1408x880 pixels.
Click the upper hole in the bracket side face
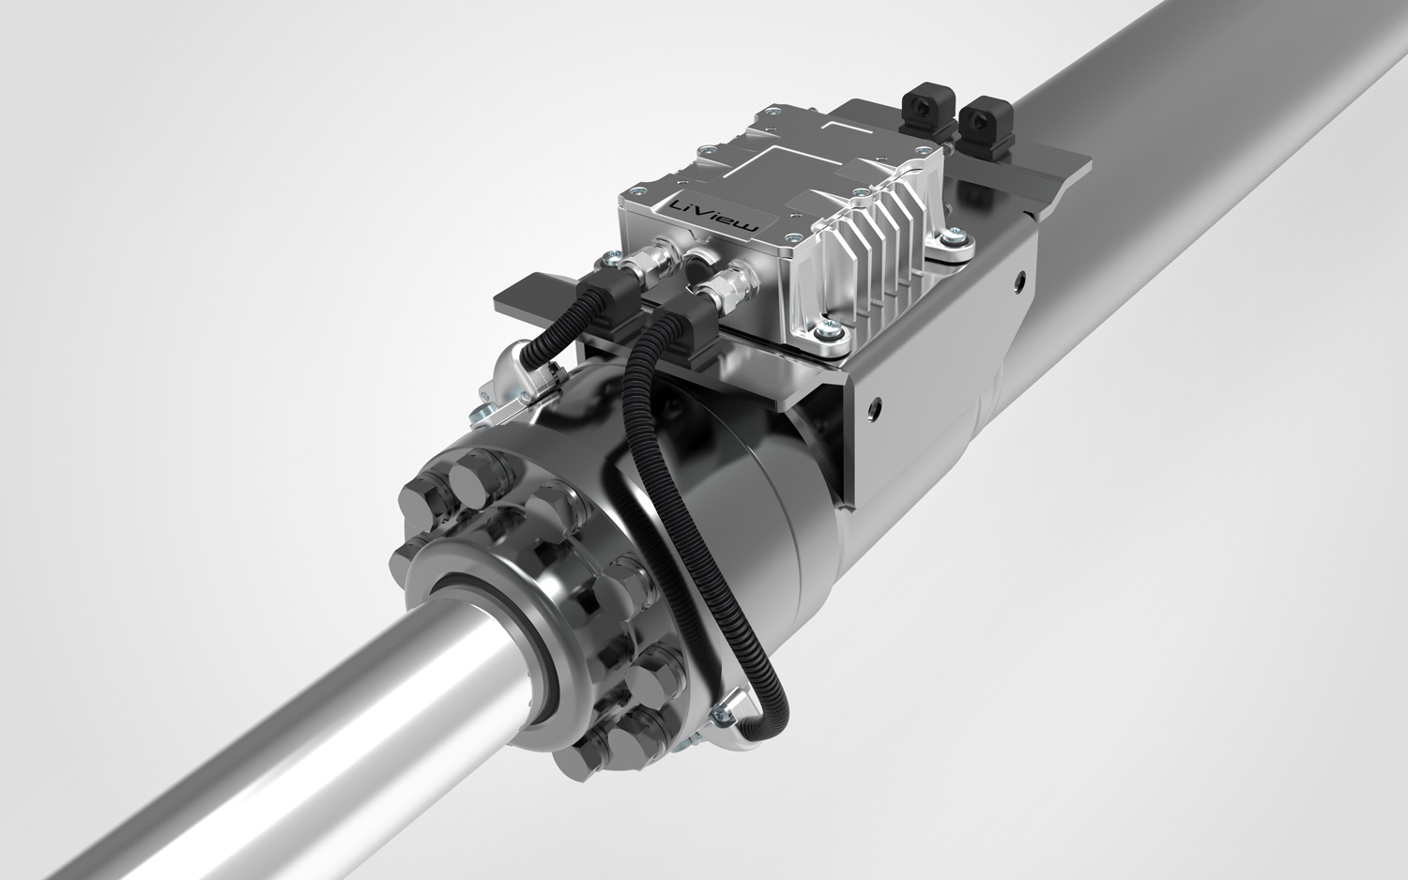click(x=1016, y=279)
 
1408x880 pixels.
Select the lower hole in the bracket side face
click(x=876, y=407)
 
